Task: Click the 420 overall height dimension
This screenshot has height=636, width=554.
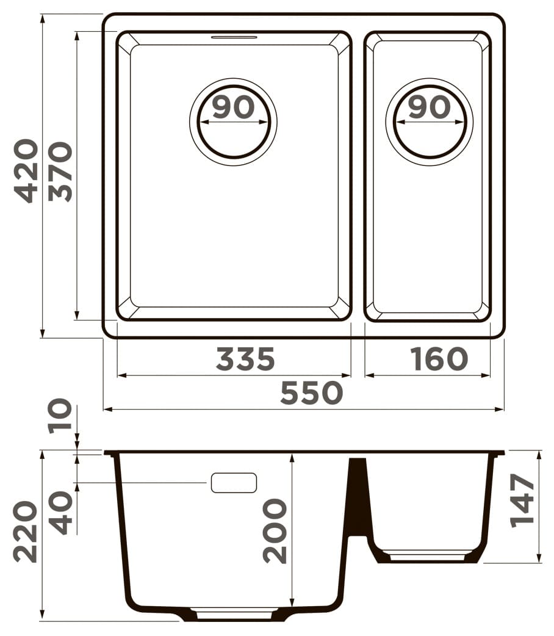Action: click(26, 171)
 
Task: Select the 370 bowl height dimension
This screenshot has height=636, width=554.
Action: click(60, 171)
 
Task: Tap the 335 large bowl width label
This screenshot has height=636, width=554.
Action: click(246, 358)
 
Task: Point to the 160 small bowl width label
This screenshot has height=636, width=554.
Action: click(439, 358)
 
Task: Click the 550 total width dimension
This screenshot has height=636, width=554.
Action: click(312, 392)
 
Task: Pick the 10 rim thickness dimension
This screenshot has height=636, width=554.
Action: click(60, 416)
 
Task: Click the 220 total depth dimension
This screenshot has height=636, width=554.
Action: click(26, 532)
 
